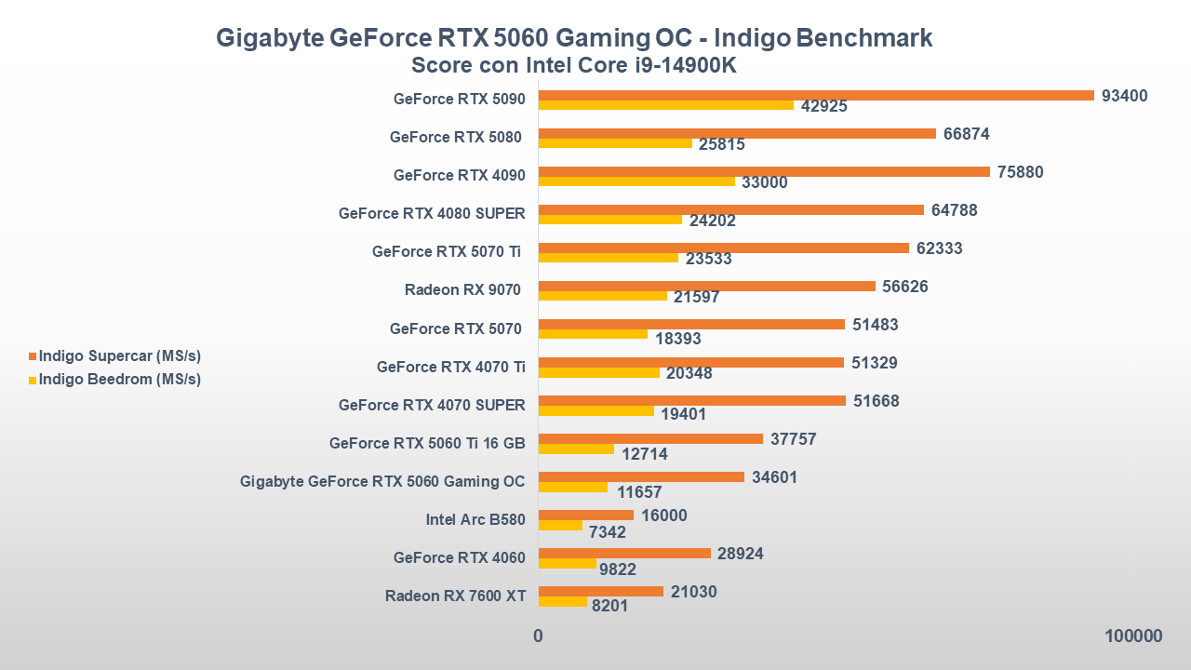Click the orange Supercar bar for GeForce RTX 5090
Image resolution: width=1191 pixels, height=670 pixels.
[815, 95]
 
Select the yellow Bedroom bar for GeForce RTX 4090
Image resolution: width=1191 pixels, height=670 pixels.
[636, 182]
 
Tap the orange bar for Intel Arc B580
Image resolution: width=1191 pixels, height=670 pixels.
[586, 515]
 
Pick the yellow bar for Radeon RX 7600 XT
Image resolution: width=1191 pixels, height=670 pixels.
[563, 602]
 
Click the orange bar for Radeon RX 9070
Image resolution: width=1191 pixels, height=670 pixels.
[707, 286]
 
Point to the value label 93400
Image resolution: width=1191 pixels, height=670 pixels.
[1124, 96]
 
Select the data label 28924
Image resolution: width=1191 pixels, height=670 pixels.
[741, 554]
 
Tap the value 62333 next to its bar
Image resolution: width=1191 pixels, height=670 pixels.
[939, 248]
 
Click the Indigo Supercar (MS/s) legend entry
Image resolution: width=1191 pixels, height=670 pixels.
[119, 355]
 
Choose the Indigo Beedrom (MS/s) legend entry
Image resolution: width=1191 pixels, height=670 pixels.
[119, 379]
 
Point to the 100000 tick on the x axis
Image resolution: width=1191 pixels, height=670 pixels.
[1133, 636]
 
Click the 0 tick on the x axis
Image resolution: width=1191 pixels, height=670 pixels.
[538, 636]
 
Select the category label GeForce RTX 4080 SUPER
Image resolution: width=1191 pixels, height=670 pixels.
[432, 213]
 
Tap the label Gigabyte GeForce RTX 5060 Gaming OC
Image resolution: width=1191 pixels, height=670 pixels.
[382, 481]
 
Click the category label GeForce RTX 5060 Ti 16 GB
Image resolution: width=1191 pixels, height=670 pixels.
[427, 443]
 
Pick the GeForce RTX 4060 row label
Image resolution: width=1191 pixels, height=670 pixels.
[459, 557]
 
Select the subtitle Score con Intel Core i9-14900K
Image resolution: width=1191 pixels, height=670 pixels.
[574, 67]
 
